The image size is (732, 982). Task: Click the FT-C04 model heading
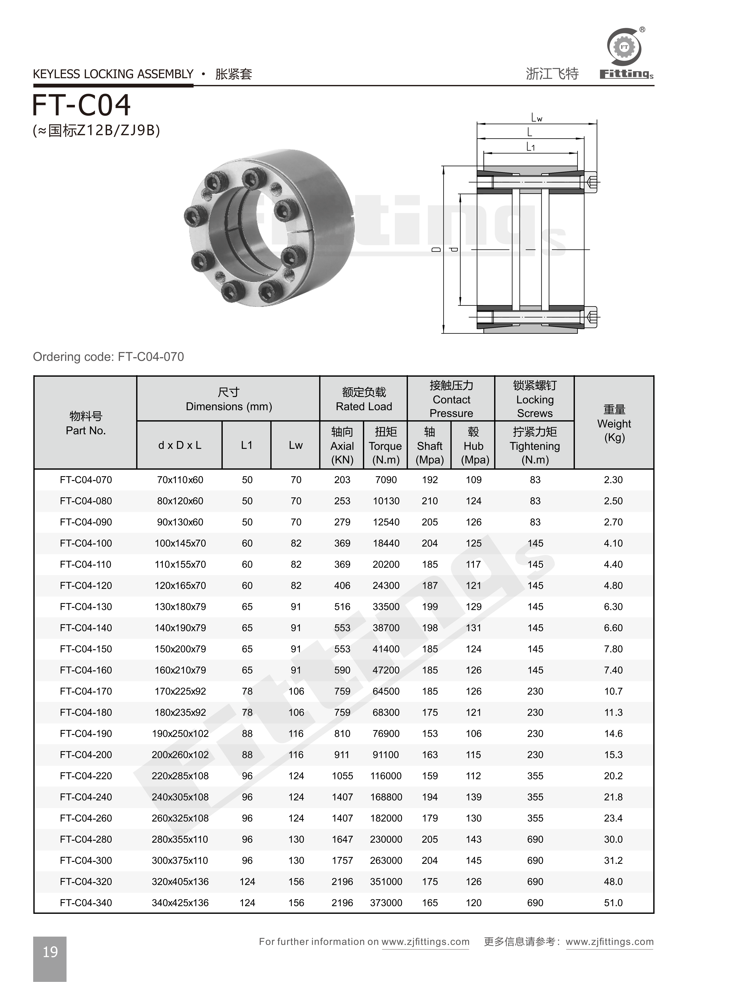click(x=81, y=105)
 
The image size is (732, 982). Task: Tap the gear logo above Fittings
click(x=624, y=47)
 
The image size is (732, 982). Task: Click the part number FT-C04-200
click(x=86, y=755)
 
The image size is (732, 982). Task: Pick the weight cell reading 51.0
click(x=613, y=903)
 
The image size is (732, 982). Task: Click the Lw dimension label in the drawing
click(x=537, y=118)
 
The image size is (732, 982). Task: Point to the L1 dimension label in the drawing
click(x=530, y=147)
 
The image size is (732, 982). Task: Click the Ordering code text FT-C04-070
click(x=109, y=357)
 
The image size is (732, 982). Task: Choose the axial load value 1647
click(x=342, y=839)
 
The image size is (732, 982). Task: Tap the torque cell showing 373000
click(x=386, y=903)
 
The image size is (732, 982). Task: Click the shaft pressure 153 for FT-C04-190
click(x=429, y=733)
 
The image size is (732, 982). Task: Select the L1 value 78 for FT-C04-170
click(x=247, y=691)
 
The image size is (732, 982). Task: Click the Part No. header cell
click(x=86, y=423)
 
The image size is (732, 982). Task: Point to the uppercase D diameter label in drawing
click(x=437, y=249)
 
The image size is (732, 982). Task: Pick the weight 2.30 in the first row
click(x=613, y=480)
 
